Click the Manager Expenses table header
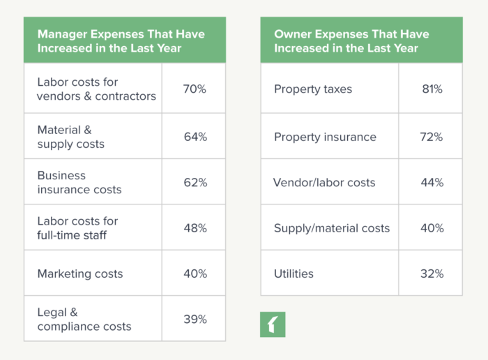[124, 40]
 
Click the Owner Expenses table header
[361, 40]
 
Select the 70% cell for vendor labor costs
[195, 89]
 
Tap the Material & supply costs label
[71, 137]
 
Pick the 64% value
[195, 137]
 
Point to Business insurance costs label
[79, 182]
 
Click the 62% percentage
[195, 183]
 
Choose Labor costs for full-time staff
[77, 228]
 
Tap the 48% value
[195, 228]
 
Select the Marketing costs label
[80, 273]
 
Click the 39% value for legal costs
[195, 319]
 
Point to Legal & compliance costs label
[84, 319]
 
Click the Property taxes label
[313, 89]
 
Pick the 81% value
[431, 89]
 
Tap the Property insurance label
[325, 137]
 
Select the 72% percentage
[431, 137]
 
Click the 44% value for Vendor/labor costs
[431, 183]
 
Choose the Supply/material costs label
[332, 228]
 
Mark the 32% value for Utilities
[431, 273]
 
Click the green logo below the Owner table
[273, 324]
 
